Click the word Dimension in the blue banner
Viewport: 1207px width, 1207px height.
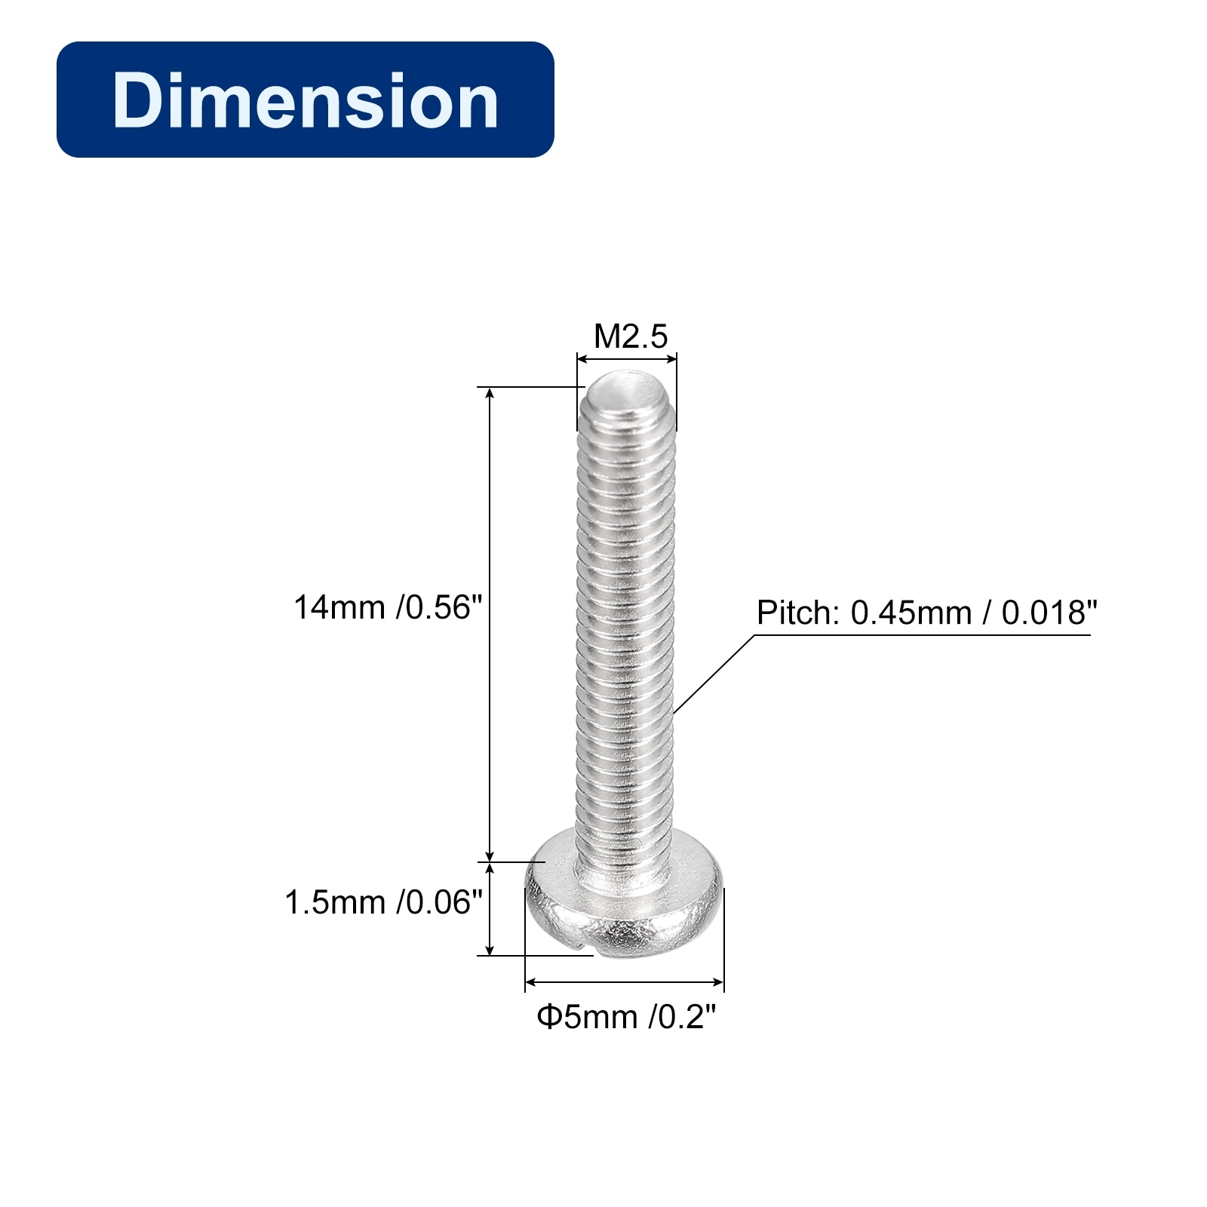click(306, 100)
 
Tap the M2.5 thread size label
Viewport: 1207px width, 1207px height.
click(631, 336)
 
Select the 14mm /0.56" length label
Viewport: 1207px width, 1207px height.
click(388, 607)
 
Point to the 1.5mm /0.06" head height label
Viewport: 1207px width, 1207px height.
click(383, 902)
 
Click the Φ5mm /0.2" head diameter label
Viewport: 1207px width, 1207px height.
click(625, 1017)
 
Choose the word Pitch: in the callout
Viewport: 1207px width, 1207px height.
click(798, 613)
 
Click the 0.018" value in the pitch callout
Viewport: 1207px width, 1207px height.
click(1049, 613)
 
